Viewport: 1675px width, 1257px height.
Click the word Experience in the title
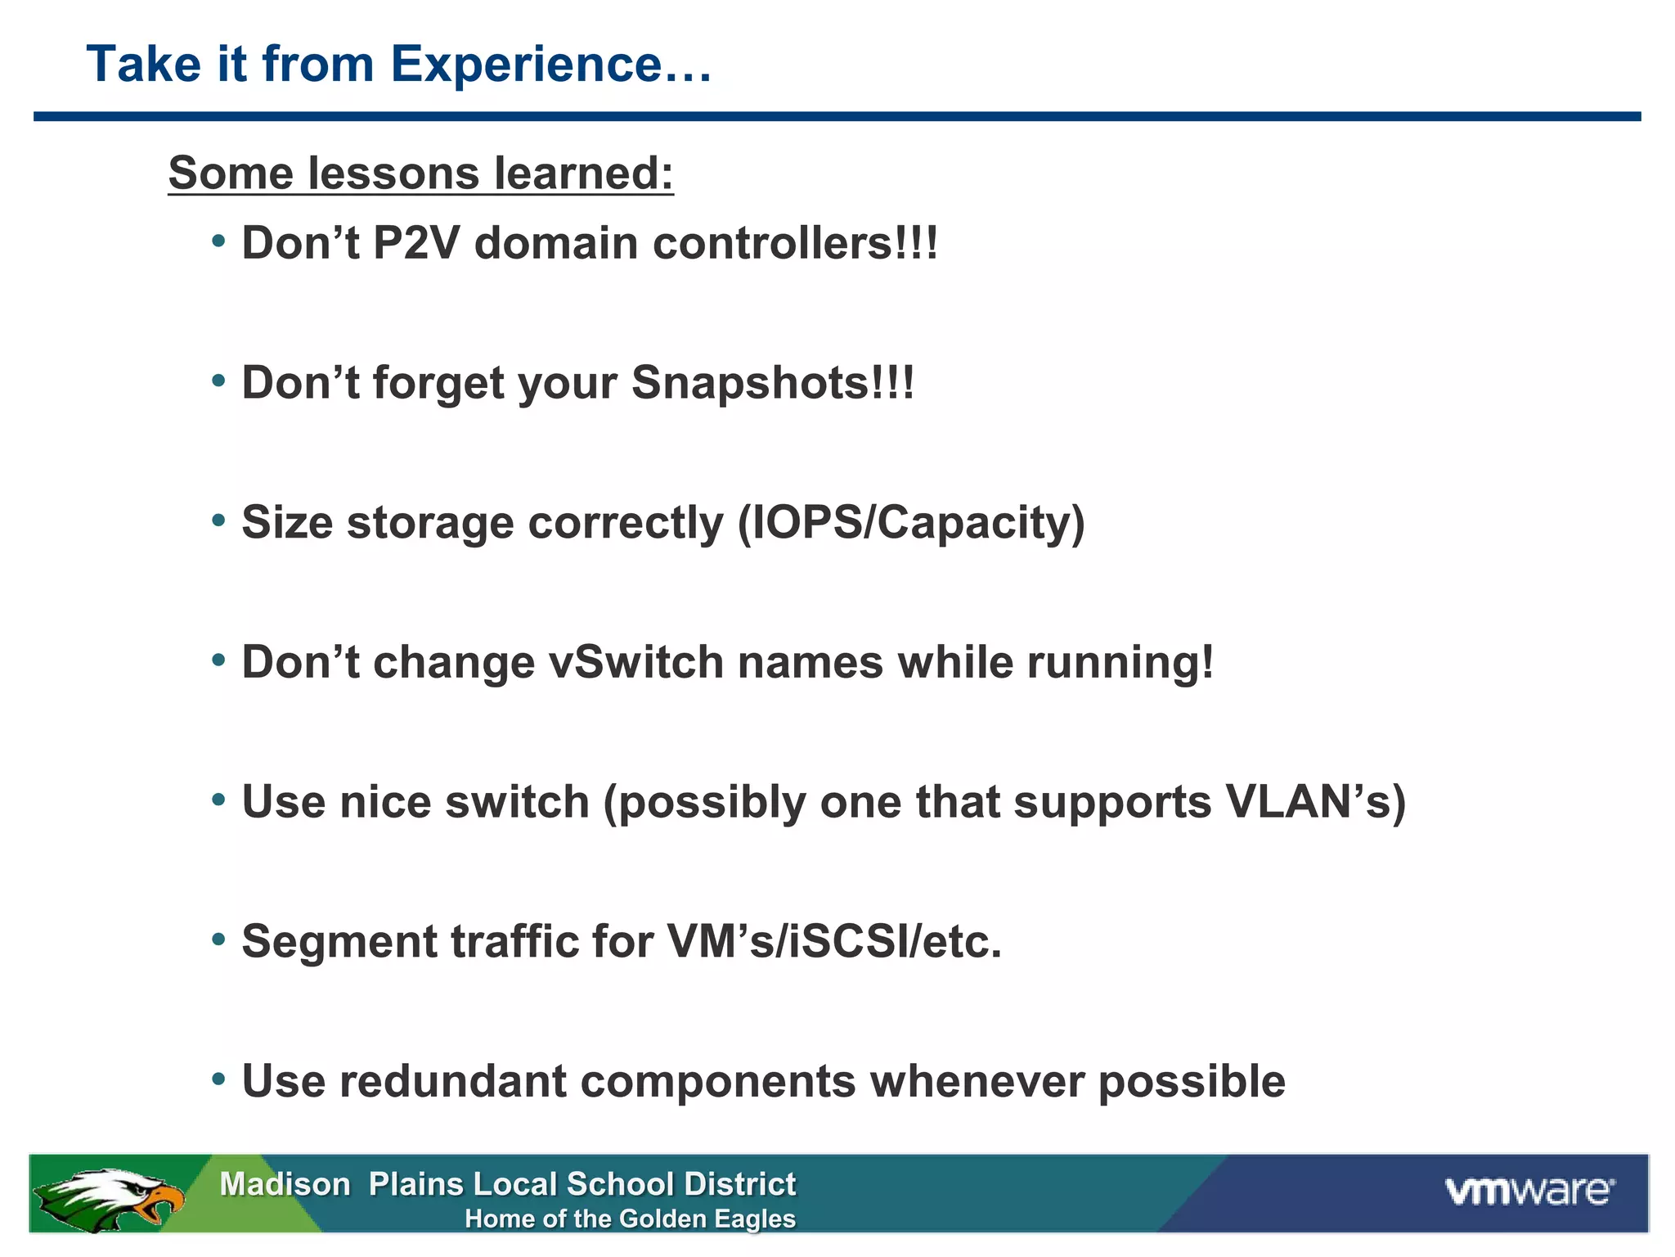coord(525,65)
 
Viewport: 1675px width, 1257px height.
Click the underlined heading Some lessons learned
coord(420,173)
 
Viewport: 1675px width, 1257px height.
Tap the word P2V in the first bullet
coord(415,244)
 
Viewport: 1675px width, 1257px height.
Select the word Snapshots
coord(772,383)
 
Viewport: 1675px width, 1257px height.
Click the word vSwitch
coord(635,662)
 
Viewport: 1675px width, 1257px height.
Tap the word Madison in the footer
coord(285,1184)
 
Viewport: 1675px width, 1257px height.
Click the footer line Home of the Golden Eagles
coord(630,1219)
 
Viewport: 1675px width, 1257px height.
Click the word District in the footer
coord(739,1184)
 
